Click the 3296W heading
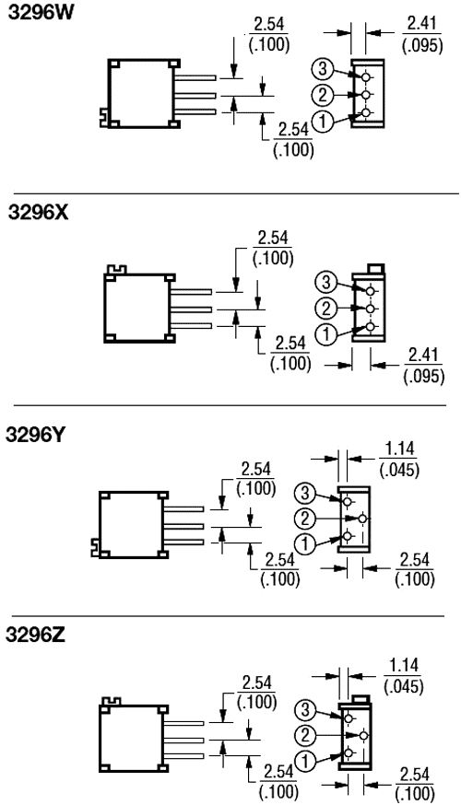(x=32, y=16)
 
